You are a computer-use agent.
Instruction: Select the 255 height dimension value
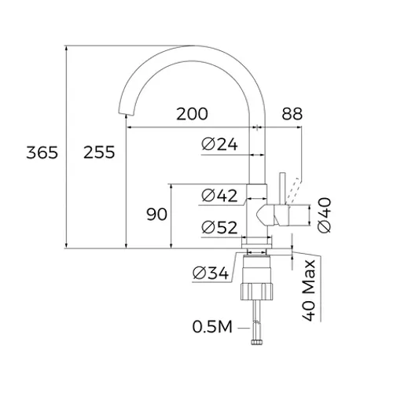[x=99, y=152]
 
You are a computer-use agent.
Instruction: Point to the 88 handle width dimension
[x=292, y=114]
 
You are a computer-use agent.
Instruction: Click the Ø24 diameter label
[x=220, y=144]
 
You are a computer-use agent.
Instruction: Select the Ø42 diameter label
[x=220, y=194]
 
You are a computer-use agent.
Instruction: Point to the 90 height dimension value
[x=157, y=215]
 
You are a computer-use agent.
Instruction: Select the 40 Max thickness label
[x=309, y=290]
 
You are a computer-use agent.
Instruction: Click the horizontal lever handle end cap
[x=299, y=214]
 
